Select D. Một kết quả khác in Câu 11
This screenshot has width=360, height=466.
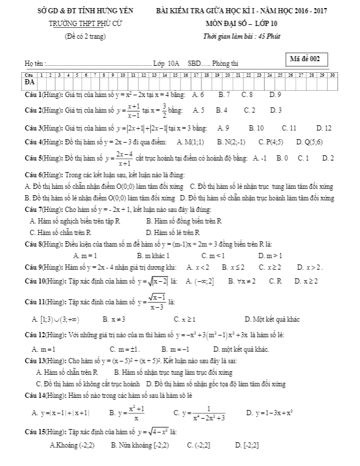(x=272, y=319)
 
